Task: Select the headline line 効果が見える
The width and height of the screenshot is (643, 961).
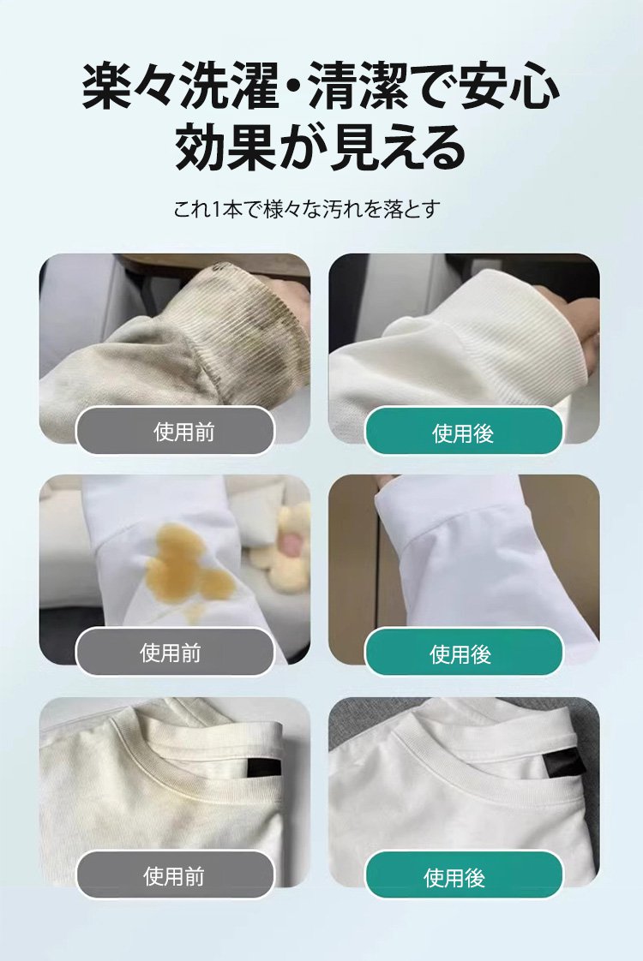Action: pyautogui.click(x=321, y=147)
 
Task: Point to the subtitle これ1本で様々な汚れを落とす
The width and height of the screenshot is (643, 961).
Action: pyautogui.click(x=306, y=209)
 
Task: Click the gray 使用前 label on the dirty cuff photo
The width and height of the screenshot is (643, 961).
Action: pyautogui.click(x=175, y=431)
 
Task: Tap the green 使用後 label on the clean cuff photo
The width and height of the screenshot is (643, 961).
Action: pyautogui.click(x=464, y=432)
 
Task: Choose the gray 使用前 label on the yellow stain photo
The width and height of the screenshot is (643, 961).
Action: pyautogui.click(x=175, y=652)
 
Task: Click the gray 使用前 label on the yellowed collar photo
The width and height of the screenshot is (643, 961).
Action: pyautogui.click(x=175, y=874)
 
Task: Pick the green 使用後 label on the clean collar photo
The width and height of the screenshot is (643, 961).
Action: pyautogui.click(x=464, y=874)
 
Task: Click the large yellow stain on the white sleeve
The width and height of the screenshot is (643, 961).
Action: pyautogui.click(x=190, y=561)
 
